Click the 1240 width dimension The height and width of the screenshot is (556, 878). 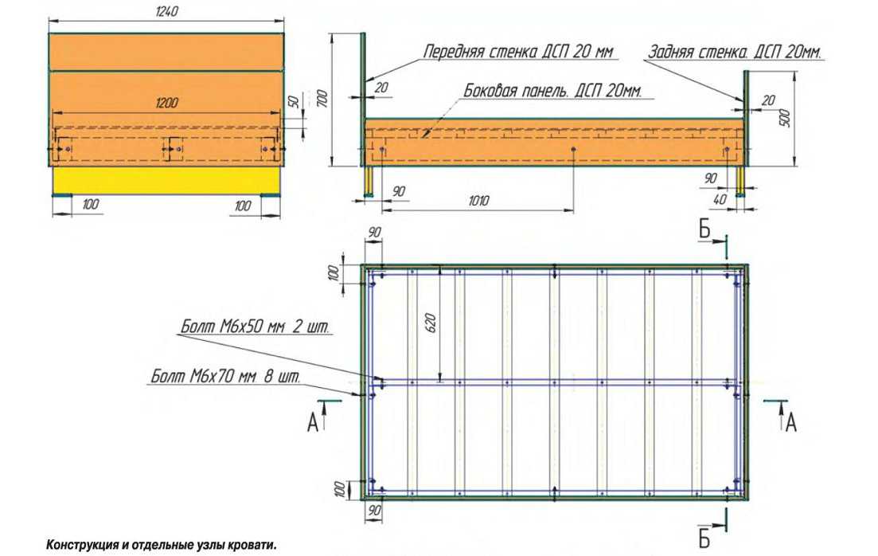166,10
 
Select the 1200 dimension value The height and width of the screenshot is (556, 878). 166,103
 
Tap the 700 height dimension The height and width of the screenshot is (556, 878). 321,99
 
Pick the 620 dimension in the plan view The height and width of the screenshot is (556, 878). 431,323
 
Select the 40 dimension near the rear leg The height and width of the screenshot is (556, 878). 720,198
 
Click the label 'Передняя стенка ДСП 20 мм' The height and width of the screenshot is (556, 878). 518,51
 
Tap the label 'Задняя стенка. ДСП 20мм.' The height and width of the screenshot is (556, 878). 735,52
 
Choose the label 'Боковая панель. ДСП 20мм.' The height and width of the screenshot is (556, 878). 552,91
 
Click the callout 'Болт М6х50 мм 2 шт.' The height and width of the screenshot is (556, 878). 255,327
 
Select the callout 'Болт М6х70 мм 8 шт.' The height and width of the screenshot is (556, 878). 225,375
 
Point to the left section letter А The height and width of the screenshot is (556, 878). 313,423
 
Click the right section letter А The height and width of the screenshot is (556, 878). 790,423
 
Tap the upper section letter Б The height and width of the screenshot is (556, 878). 704,229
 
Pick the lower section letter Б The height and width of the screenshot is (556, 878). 704,538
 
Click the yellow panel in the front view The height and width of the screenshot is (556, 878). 166,181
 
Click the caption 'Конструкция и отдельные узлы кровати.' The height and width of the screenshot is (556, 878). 162,545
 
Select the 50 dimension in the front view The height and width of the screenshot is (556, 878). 292,102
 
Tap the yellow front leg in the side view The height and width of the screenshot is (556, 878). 370,181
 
